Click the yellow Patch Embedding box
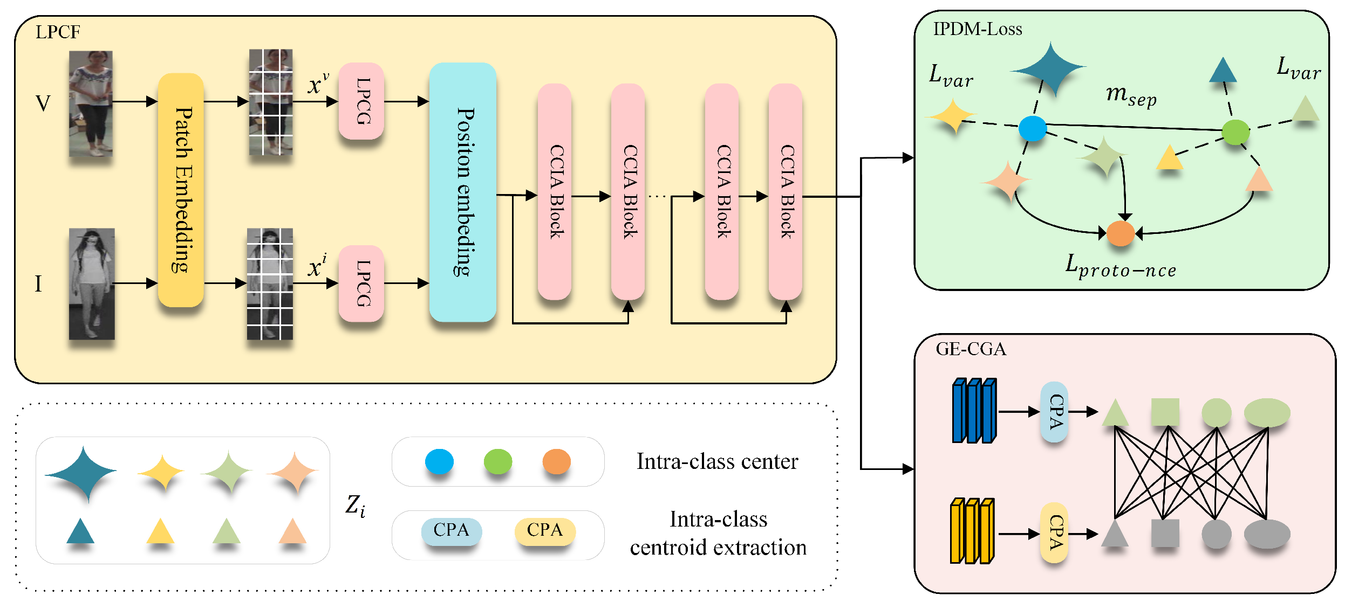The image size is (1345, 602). pyautogui.click(x=181, y=190)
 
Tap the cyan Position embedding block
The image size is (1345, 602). pyautogui.click(x=462, y=192)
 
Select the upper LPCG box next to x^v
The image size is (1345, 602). pyautogui.click(x=361, y=101)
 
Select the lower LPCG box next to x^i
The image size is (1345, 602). pyautogui.click(x=361, y=283)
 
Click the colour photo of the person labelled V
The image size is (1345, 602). pyautogui.click(x=91, y=103)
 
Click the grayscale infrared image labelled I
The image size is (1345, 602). pyautogui.click(x=92, y=284)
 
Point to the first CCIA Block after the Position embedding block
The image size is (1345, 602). pyautogui.click(x=555, y=191)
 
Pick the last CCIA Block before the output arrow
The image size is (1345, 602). pyautogui.click(x=786, y=191)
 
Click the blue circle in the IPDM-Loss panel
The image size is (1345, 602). pyautogui.click(x=1032, y=128)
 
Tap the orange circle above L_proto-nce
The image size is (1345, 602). pyautogui.click(x=1120, y=233)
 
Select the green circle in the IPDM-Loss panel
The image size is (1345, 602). pyautogui.click(x=1235, y=132)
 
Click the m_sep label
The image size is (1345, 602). pyautogui.click(x=1131, y=95)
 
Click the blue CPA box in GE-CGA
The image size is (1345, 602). pyautogui.click(x=1054, y=412)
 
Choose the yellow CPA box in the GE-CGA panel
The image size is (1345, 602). pyautogui.click(x=1054, y=532)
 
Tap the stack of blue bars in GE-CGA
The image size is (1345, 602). pyautogui.click(x=974, y=411)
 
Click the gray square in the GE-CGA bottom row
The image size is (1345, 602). pyautogui.click(x=1165, y=532)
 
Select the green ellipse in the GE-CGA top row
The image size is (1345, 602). pyautogui.click(x=1267, y=413)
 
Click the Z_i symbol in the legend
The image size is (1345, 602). pyautogui.click(x=355, y=506)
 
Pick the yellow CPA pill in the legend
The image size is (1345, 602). pyautogui.click(x=544, y=530)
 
